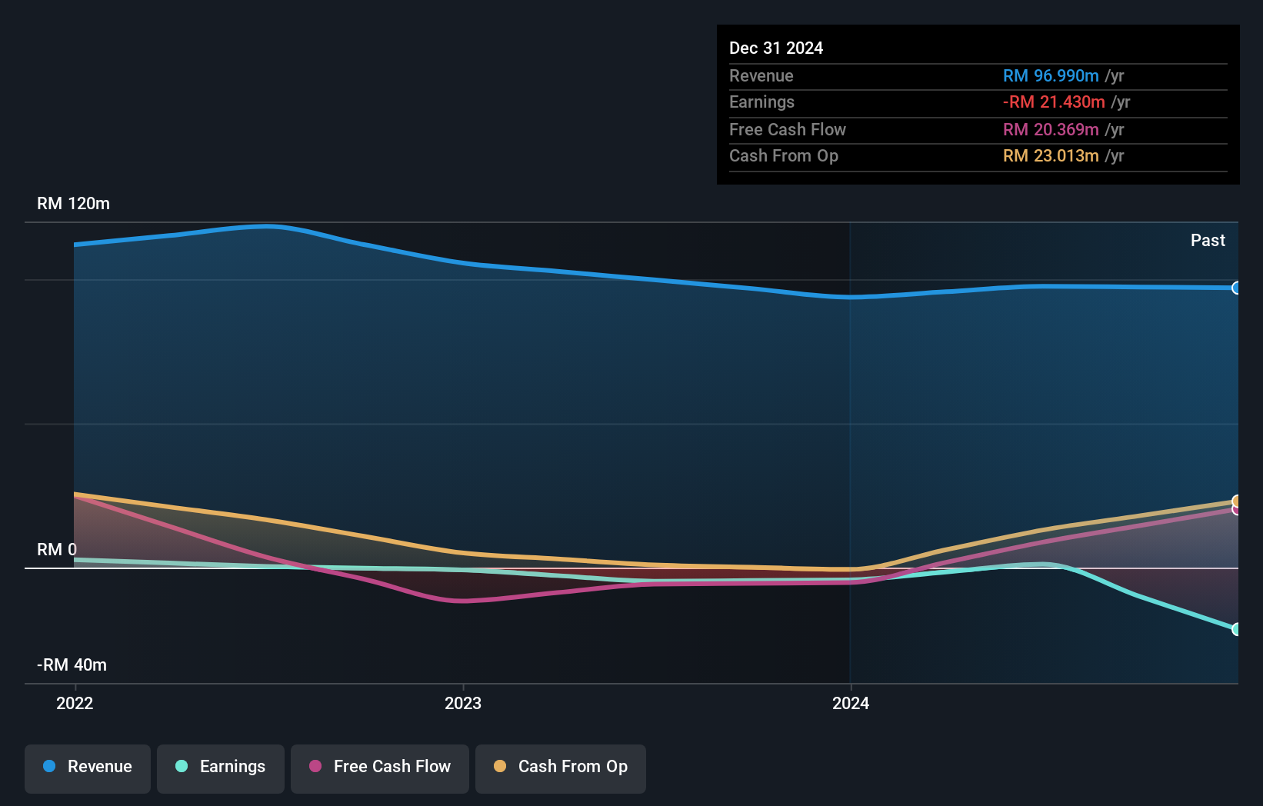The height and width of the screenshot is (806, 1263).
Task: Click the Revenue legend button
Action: coord(88,768)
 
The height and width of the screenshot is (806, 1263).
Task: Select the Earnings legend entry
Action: coord(221,768)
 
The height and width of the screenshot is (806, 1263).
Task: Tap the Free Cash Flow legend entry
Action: coord(380,768)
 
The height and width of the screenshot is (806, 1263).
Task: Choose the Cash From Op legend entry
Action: coord(561,768)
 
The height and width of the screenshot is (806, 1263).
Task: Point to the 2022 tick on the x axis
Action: coord(75,703)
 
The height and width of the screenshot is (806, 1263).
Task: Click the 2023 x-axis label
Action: coord(463,703)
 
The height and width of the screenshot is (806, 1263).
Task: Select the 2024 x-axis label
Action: coord(851,703)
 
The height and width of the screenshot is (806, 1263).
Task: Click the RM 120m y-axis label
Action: coord(73,204)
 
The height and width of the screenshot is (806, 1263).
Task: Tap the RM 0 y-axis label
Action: coord(57,550)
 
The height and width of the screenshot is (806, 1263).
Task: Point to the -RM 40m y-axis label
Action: coord(72,665)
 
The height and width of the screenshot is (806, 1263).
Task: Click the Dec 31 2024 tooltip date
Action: coord(775,48)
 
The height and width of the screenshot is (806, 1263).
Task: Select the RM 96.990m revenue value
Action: coord(1050,76)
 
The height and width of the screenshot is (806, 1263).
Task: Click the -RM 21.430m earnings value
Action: coord(1053,102)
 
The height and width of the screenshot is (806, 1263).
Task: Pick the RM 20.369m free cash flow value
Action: coord(1050,130)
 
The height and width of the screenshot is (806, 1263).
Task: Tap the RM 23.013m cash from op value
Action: coord(1050,156)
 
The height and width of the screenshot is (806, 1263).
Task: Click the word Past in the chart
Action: coord(1208,241)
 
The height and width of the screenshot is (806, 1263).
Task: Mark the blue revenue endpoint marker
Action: coord(1236,288)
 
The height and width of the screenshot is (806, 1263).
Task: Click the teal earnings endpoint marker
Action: coord(1236,629)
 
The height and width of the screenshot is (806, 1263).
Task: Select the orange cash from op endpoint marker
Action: coord(1236,501)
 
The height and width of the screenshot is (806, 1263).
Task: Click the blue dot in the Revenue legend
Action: coord(49,767)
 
